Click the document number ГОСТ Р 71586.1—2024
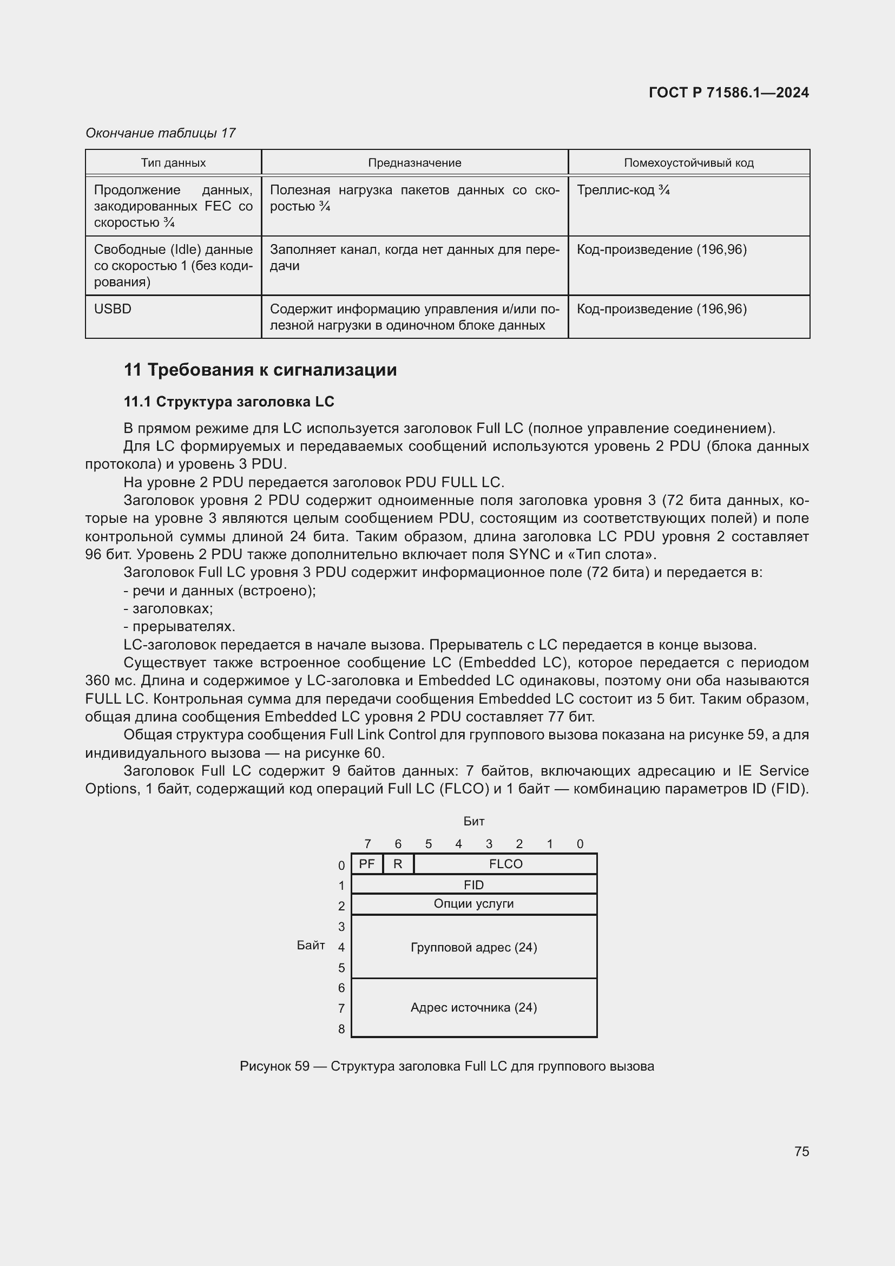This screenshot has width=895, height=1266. tap(728, 93)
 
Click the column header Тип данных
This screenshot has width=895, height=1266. tap(173, 163)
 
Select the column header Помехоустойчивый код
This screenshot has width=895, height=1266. tap(688, 163)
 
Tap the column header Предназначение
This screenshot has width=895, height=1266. tap(414, 163)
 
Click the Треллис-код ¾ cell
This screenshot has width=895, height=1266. tap(623, 190)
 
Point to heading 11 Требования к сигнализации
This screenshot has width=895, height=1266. tap(260, 370)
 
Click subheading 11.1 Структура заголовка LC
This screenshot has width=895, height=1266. tap(229, 402)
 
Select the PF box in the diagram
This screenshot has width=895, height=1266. tap(366, 864)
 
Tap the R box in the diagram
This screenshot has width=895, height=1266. tap(397, 864)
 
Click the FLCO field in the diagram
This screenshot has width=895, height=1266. tap(505, 864)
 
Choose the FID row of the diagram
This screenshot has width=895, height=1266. tap(473, 885)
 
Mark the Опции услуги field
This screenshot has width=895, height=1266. tap(473, 904)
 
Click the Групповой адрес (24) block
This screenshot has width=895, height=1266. tap(473, 947)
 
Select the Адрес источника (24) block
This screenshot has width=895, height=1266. tap(473, 1007)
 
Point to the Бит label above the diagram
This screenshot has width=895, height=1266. tap(473, 821)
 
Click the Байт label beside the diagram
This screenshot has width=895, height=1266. tap(311, 945)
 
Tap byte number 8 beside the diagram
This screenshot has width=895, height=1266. tap(341, 1029)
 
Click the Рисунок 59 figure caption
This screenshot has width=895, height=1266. tap(446, 1066)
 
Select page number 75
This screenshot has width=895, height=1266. tap(801, 1151)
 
